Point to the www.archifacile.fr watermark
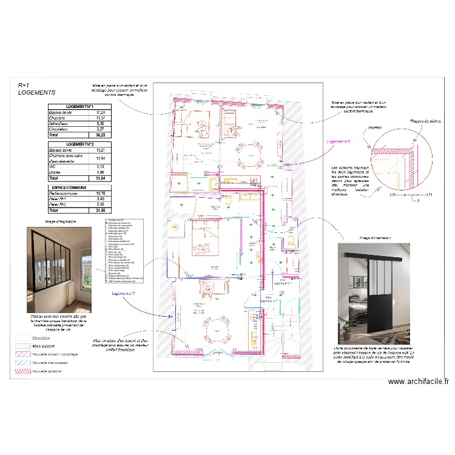[x=419, y=382]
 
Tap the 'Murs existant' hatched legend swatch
[x=24, y=346]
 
